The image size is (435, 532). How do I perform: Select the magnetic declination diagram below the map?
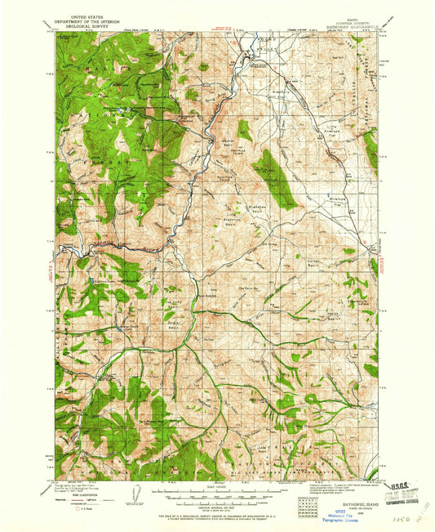pos(140,493)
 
